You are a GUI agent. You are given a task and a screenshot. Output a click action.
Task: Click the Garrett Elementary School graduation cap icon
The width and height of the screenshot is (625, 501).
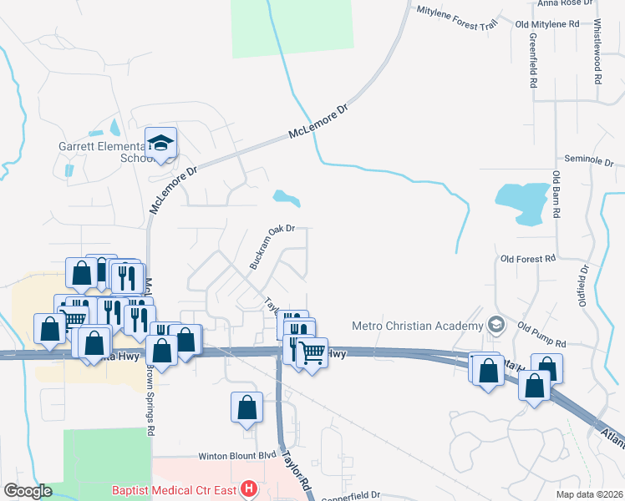[x=161, y=144]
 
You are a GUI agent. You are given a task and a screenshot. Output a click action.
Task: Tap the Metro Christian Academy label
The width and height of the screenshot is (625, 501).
[x=418, y=326]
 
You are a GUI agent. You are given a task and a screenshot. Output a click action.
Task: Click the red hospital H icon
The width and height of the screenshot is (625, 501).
[x=247, y=488]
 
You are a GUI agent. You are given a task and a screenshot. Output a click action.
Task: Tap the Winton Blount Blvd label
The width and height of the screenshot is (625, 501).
[x=236, y=457]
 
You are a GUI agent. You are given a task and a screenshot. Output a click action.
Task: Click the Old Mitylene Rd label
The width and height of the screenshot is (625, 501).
[x=547, y=24]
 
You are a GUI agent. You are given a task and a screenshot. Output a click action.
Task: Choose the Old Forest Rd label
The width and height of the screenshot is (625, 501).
[x=528, y=259]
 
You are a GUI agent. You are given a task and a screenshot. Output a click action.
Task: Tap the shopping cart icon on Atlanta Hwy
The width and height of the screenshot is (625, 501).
[x=312, y=353]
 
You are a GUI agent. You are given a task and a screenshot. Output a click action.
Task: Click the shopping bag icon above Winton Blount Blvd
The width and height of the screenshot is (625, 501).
[x=247, y=408]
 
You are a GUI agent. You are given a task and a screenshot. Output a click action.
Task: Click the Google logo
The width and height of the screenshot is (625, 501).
[x=28, y=492]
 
